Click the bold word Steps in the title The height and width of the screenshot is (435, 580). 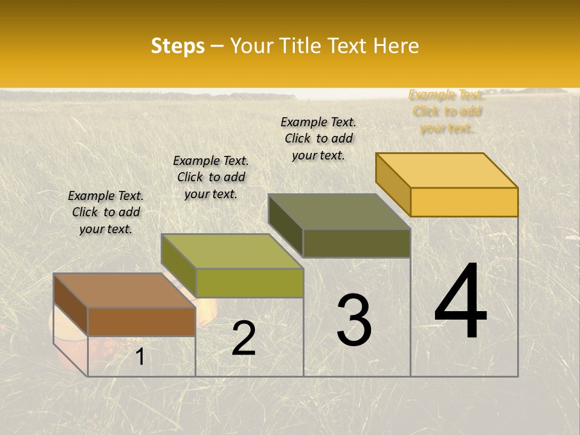point(178,46)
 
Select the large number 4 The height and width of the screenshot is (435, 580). point(460,302)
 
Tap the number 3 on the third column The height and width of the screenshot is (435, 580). point(354,320)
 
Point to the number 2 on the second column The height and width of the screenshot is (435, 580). point(243,338)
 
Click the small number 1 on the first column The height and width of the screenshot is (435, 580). point(140,357)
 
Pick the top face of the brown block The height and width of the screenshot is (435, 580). point(124,291)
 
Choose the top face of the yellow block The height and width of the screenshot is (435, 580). point(447,170)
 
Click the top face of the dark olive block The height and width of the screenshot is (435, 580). point(339,211)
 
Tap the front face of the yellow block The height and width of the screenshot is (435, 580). point(464,202)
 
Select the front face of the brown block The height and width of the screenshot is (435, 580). point(141,322)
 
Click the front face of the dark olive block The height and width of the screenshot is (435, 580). point(356,243)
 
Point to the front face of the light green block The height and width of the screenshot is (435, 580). point(249,283)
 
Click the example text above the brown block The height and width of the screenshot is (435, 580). point(106,212)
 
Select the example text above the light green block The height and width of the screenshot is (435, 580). point(211,177)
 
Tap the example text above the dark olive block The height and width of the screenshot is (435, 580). point(318,138)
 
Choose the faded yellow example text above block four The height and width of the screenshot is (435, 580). point(446,111)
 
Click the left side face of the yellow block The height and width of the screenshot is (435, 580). point(393,184)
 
